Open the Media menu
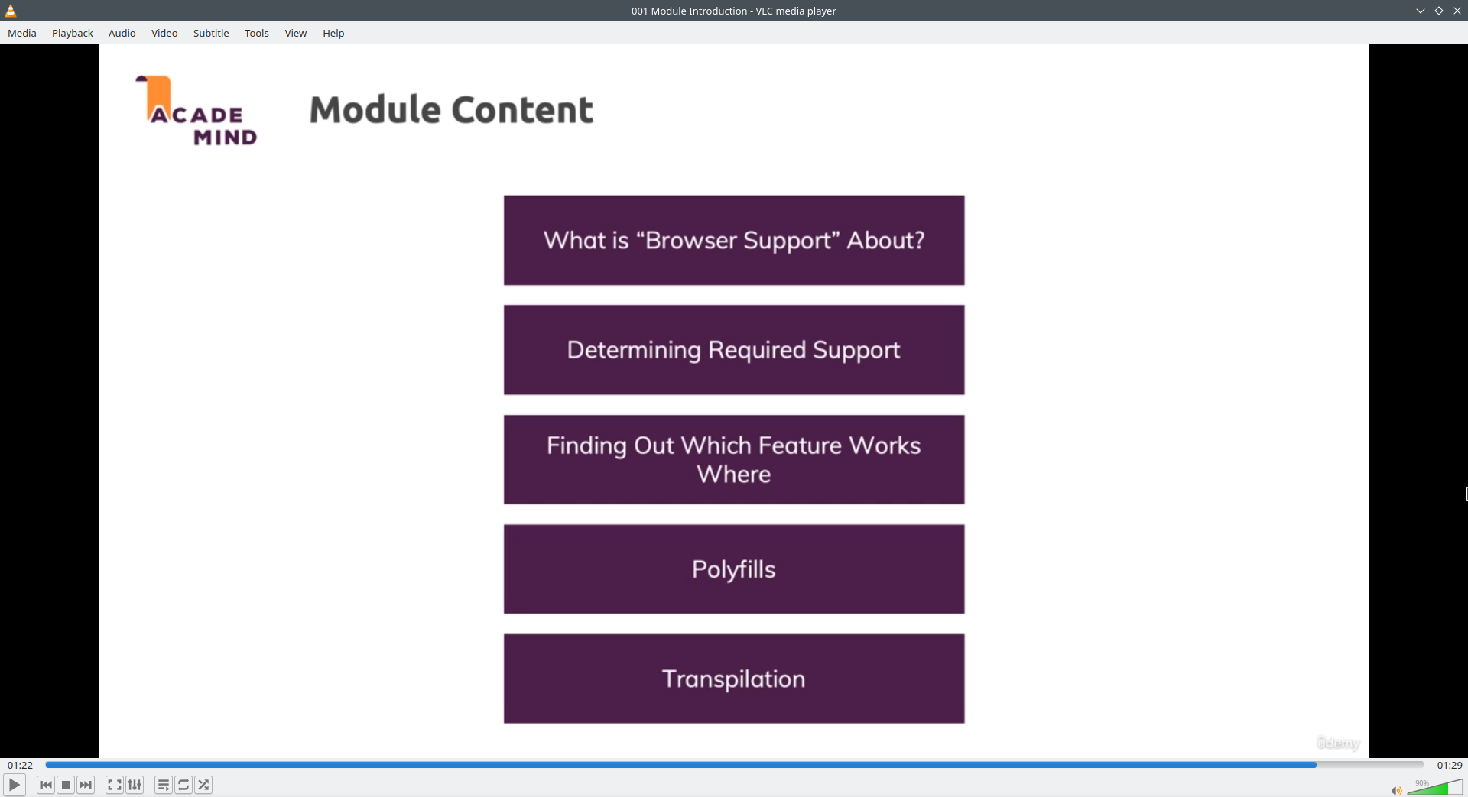[22, 33]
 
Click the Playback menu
[73, 33]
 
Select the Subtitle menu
[211, 33]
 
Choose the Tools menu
[257, 33]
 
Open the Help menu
[333, 33]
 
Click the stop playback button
[66, 785]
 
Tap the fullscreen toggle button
[115, 785]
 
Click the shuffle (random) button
[203, 785]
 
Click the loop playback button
[183, 785]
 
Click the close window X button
[1457, 11]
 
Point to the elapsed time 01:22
[21, 765]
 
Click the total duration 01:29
[1450, 765]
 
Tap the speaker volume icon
[1396, 790]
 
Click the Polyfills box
[734, 569]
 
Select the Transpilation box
[734, 679]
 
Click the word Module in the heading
[375, 109]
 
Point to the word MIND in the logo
[226, 138]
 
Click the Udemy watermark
[1338, 744]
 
